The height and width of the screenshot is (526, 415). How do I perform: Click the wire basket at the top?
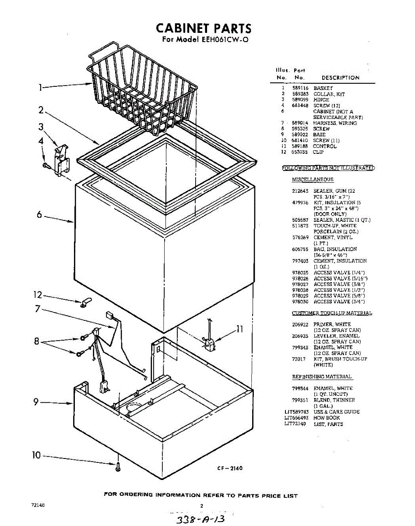coord(140,88)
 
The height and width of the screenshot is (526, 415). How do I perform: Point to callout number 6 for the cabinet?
coord(39,215)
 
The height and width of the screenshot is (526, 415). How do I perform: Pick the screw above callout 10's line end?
coord(118,466)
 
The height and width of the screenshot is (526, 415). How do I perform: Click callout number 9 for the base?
coord(37,402)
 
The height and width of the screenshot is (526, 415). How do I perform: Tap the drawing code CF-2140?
coord(229,469)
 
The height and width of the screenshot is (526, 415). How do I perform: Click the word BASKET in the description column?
coord(323,89)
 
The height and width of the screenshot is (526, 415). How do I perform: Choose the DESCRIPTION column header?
coord(340,78)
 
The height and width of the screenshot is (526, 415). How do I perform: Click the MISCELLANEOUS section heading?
coord(313,180)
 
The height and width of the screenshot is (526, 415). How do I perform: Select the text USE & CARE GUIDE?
coord(336,412)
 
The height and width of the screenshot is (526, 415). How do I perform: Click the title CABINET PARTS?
coord(204,29)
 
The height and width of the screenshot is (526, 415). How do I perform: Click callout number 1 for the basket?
coord(41,88)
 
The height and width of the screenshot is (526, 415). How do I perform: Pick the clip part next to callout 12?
coord(84,302)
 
